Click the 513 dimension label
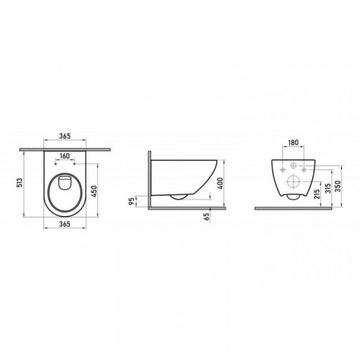20,182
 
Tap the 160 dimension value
65,156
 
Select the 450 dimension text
94,192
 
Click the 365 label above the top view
65,136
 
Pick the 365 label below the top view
65,224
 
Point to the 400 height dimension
220,184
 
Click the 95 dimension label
131,201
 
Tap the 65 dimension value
207,217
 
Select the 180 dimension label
293,143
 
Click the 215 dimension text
317,194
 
